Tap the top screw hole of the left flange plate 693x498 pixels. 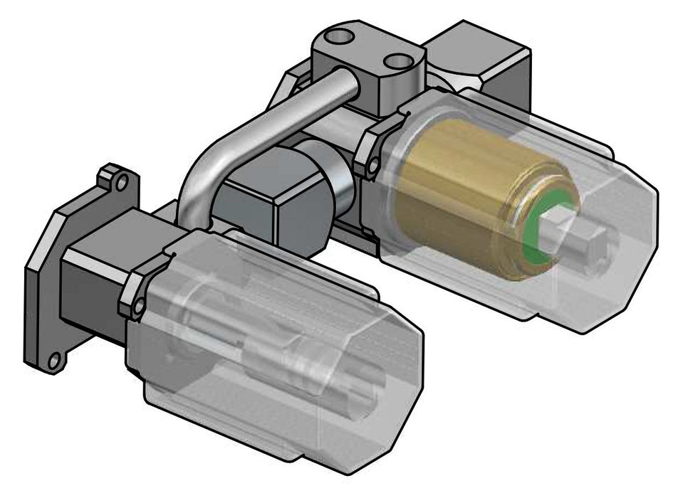point(122,183)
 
